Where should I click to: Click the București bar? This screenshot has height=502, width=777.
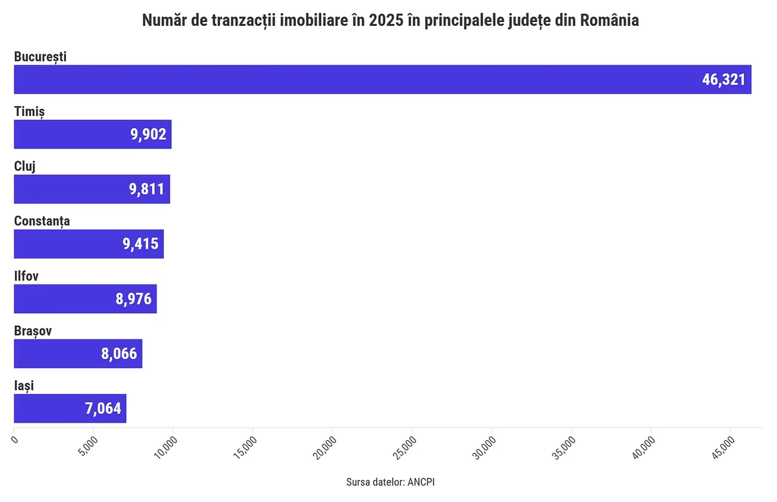pyautogui.click(x=382, y=80)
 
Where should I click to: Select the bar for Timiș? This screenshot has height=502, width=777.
pyautogui.click(x=93, y=134)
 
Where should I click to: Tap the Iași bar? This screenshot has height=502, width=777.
pyautogui.click(x=70, y=409)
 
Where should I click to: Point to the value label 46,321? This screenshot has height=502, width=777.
pyautogui.click(x=724, y=80)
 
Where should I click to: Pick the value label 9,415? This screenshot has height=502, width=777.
pyautogui.click(x=141, y=244)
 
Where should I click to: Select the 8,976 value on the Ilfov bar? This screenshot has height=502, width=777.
pyautogui.click(x=133, y=299)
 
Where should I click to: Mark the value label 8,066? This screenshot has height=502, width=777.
pyautogui.click(x=119, y=354)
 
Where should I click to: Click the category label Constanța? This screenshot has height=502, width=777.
pyautogui.click(x=42, y=221)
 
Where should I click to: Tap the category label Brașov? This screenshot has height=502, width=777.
pyautogui.click(x=33, y=331)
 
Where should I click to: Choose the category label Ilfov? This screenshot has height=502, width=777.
pyautogui.click(x=27, y=276)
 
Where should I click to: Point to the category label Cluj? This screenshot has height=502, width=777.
pyautogui.click(x=25, y=166)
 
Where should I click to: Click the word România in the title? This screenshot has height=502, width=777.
pyautogui.click(x=609, y=21)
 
